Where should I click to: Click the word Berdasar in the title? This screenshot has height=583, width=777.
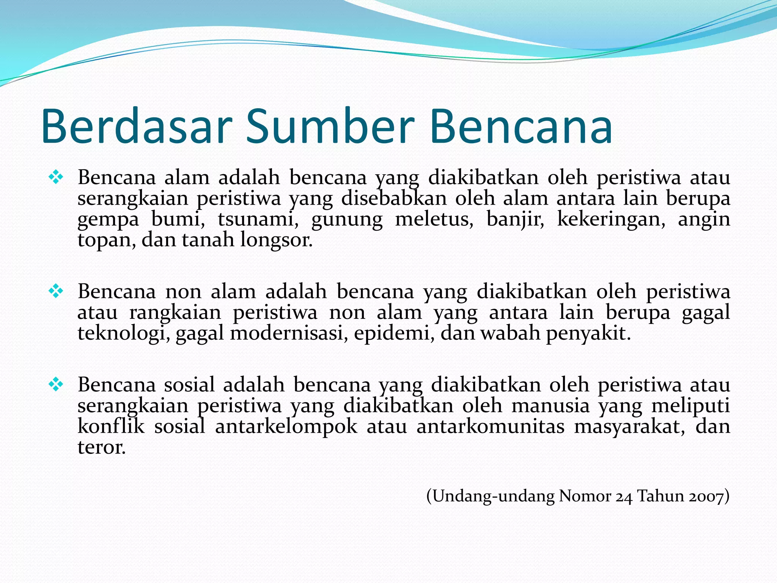click(137, 126)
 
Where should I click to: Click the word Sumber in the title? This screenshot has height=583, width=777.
click(330, 126)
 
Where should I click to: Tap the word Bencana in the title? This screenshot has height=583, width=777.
click(521, 126)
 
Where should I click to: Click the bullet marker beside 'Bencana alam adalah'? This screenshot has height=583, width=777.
click(56, 177)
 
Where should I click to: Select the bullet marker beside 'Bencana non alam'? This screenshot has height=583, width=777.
click(56, 291)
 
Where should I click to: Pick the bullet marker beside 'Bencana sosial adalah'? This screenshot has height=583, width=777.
click(56, 385)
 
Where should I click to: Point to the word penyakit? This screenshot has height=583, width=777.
click(588, 334)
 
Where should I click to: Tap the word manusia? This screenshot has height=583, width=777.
click(551, 406)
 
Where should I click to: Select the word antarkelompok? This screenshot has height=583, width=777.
click(286, 427)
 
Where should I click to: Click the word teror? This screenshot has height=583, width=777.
click(101, 447)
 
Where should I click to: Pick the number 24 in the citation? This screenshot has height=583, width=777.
click(624, 496)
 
